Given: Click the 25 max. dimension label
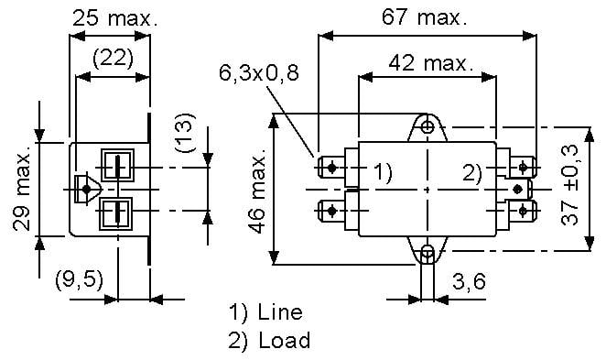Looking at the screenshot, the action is pos(114,18).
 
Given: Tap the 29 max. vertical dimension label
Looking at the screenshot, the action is pos(22,189).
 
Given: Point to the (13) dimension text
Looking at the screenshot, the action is pos(184,133).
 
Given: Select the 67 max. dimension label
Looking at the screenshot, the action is pos(424,17).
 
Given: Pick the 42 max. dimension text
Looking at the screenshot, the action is pos(431,62).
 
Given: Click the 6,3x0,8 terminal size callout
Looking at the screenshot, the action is pos(259,72).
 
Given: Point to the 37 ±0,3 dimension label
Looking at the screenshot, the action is pos(569,185).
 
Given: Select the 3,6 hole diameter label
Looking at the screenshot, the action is pos(469,281).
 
